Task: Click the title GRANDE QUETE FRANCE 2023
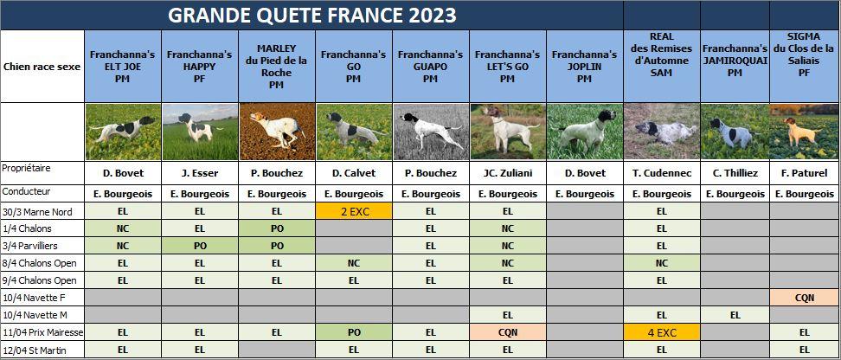312,15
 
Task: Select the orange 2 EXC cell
354,211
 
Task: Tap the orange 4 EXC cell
662,332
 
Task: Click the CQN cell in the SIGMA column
805,298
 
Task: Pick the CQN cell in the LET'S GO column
508,332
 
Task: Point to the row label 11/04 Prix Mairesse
42,332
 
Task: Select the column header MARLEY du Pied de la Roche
277,67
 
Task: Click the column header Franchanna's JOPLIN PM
585,67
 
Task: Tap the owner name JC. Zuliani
508,173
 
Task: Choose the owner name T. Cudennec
662,173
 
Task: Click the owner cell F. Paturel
805,173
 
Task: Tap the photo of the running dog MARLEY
277,132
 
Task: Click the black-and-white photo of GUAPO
431,132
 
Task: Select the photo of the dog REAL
662,132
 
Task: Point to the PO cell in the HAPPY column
200,246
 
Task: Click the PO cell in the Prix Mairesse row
354,332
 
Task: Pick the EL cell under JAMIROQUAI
735,315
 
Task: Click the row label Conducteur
26,191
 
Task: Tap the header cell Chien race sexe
42,67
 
